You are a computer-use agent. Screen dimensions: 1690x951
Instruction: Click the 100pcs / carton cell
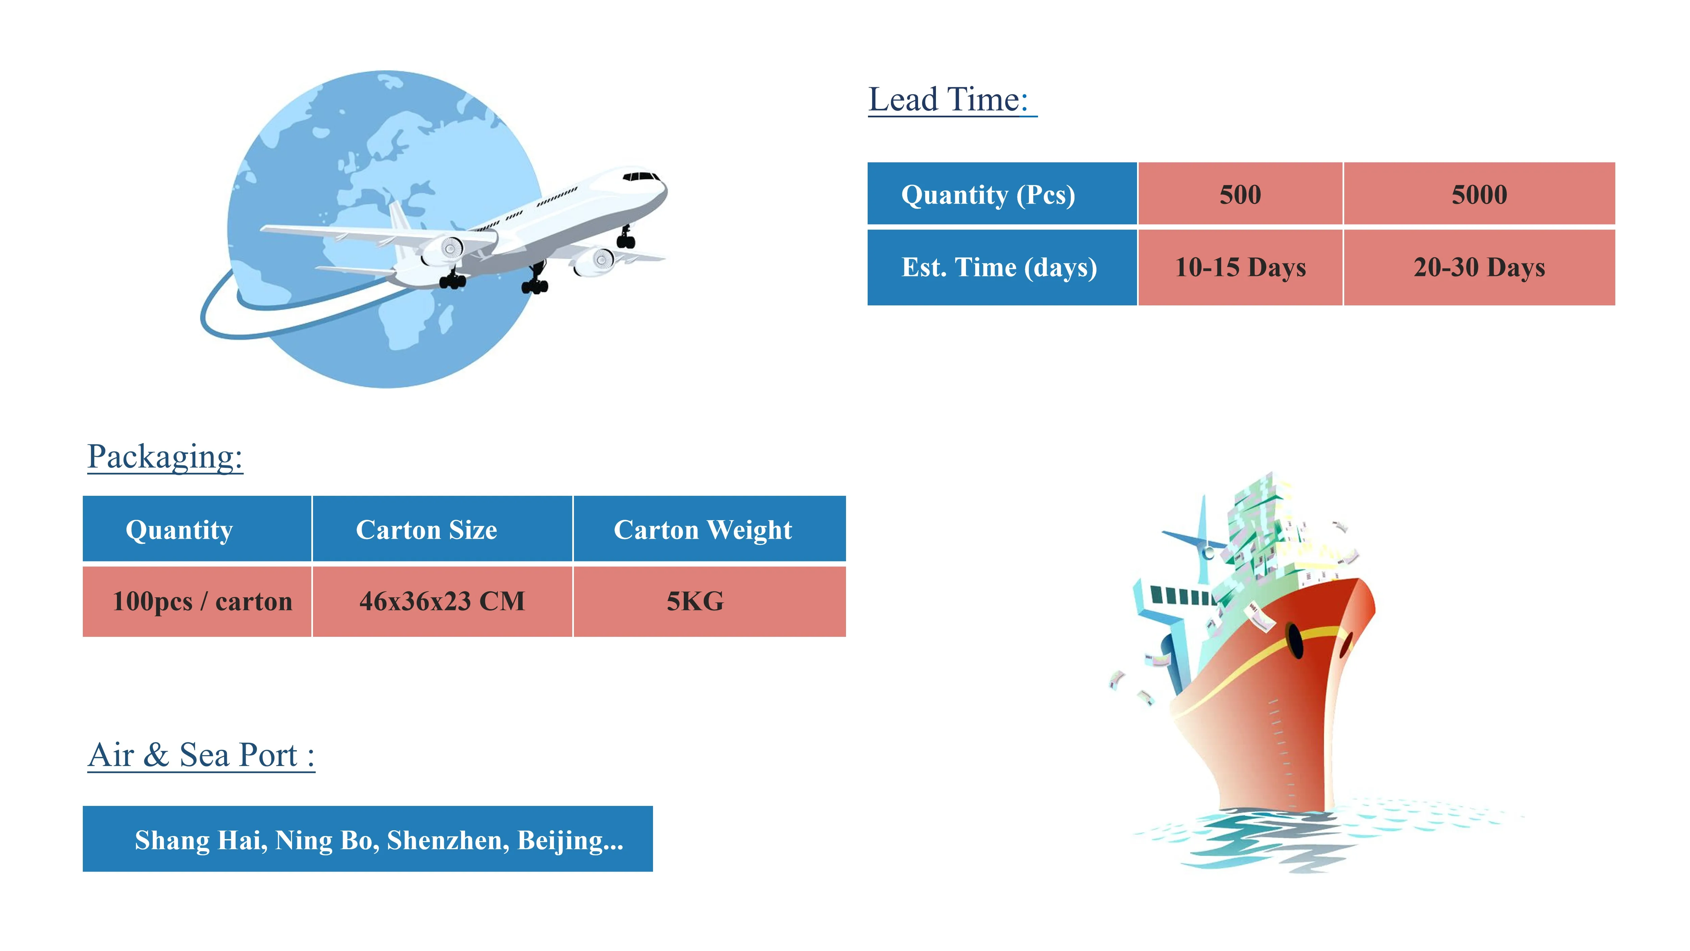click(x=202, y=601)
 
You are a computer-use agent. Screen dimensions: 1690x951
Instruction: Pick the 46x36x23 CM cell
click(x=442, y=601)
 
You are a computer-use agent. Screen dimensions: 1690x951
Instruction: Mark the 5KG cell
click(x=695, y=601)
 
